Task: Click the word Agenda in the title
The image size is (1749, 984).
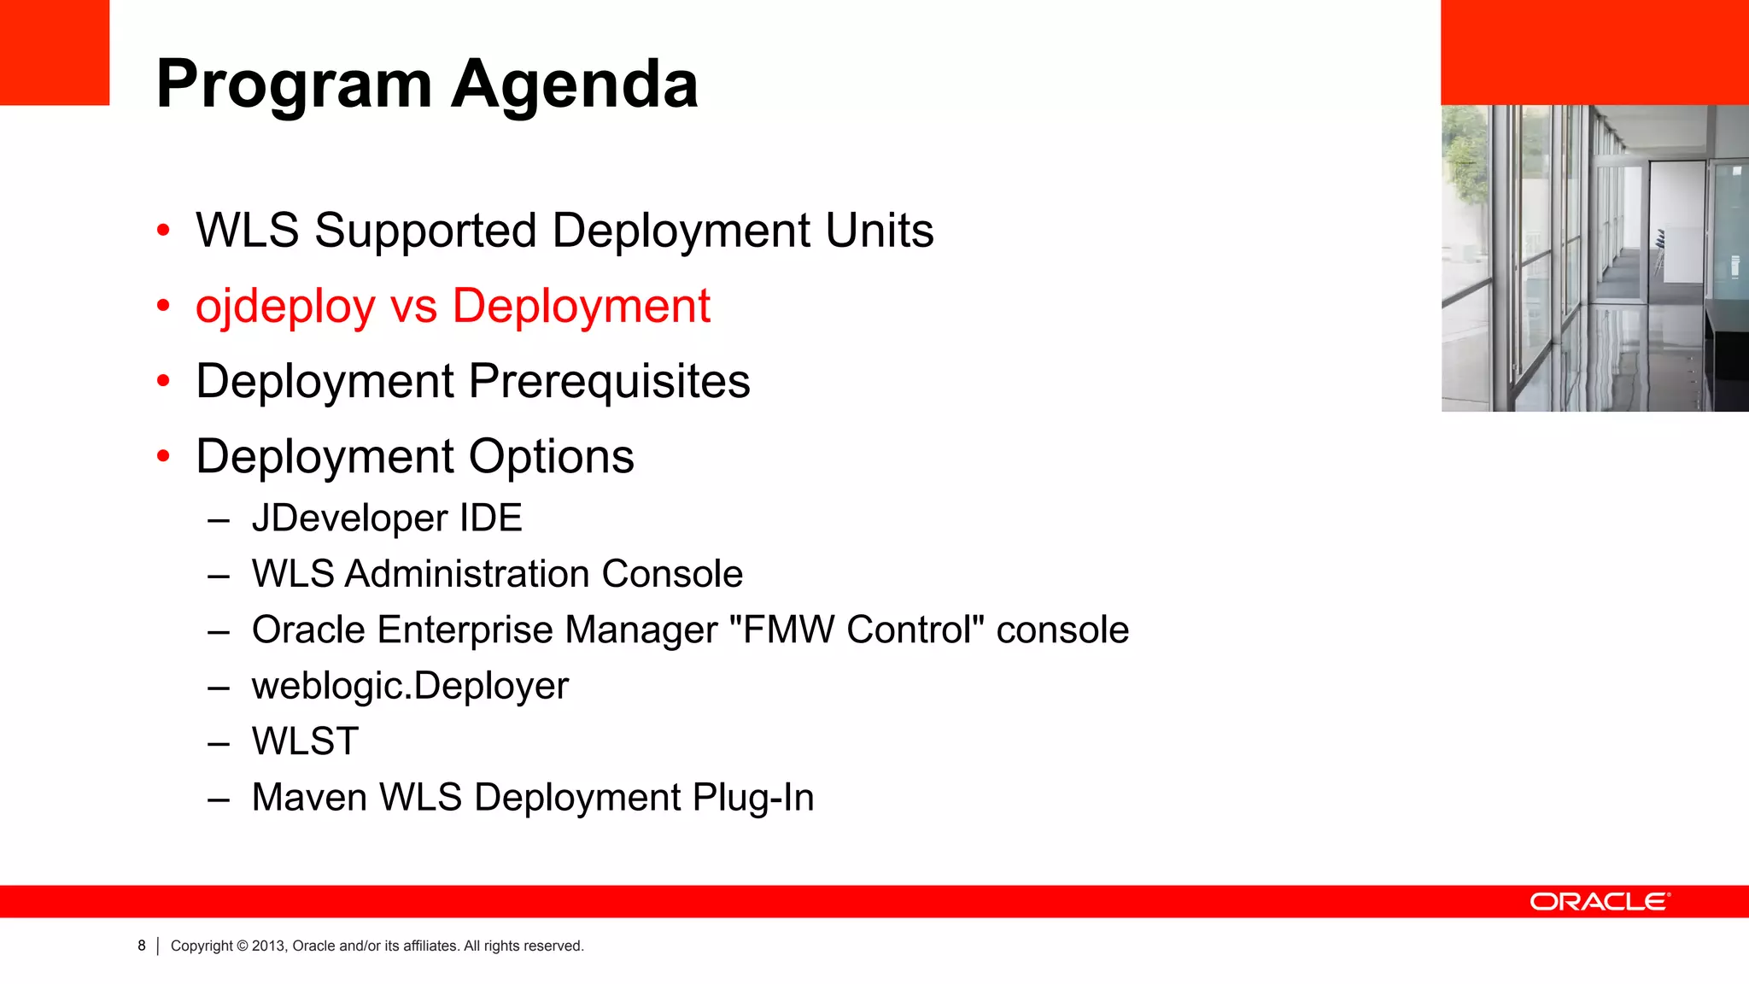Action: pyautogui.click(x=575, y=85)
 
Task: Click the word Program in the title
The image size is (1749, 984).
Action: pyautogui.click(x=295, y=85)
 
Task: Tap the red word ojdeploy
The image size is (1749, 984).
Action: pyautogui.click(x=285, y=307)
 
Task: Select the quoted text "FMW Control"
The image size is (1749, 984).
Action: pyautogui.click(x=857, y=630)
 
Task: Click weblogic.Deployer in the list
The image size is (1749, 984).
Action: pyautogui.click(x=410, y=686)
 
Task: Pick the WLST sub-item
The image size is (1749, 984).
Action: pyautogui.click(x=305, y=741)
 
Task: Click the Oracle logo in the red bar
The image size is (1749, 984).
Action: pyautogui.click(x=1599, y=902)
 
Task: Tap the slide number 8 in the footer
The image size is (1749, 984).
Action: pyautogui.click(x=142, y=946)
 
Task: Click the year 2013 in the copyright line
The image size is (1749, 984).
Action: pyautogui.click(x=267, y=946)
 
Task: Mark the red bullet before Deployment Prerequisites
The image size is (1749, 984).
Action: pyautogui.click(x=164, y=381)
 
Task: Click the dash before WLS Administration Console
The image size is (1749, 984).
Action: pyautogui.click(x=219, y=576)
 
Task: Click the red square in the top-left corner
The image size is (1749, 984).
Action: pyautogui.click(x=55, y=52)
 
